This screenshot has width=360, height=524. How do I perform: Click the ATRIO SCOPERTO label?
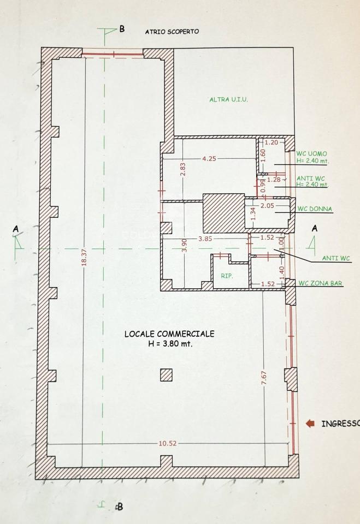[172, 32]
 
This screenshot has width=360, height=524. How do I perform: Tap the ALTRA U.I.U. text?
[228, 99]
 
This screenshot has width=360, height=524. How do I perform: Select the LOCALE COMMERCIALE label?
[169, 334]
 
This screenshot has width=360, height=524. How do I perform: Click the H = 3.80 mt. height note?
[170, 343]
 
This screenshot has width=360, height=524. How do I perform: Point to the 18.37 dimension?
[84, 257]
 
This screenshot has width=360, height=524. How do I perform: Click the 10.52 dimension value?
[167, 443]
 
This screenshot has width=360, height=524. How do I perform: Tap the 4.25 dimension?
[209, 158]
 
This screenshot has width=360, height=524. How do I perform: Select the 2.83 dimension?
[182, 169]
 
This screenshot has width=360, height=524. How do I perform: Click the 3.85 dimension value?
[205, 239]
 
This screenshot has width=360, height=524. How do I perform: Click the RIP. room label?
[227, 276]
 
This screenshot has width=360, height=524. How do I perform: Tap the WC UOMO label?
[311, 154]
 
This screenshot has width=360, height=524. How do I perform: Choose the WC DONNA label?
[315, 209]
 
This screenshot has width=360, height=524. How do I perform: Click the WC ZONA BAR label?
[320, 283]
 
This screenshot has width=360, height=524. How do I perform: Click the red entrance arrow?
[310, 424]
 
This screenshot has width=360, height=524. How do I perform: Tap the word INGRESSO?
[340, 424]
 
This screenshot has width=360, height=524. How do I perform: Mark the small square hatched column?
[166, 375]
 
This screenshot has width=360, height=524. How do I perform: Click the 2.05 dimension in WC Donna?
[267, 206]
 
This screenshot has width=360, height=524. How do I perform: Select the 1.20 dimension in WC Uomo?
[272, 142]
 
